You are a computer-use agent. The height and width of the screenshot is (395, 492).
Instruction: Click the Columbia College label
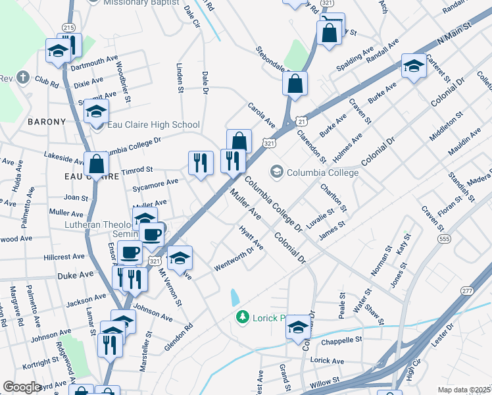tap(322, 172)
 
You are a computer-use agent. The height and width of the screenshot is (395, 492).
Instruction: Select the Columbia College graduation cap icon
tap(277, 172)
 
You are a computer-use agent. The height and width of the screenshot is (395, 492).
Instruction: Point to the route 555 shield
tap(445, 238)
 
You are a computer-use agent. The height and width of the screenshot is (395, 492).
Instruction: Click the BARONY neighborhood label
tap(47, 122)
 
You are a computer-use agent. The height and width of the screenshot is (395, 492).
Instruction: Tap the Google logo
tap(22, 387)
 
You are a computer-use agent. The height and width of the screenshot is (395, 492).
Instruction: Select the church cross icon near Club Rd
tap(23, 78)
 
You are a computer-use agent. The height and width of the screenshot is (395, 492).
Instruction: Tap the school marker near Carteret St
tap(414, 66)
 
